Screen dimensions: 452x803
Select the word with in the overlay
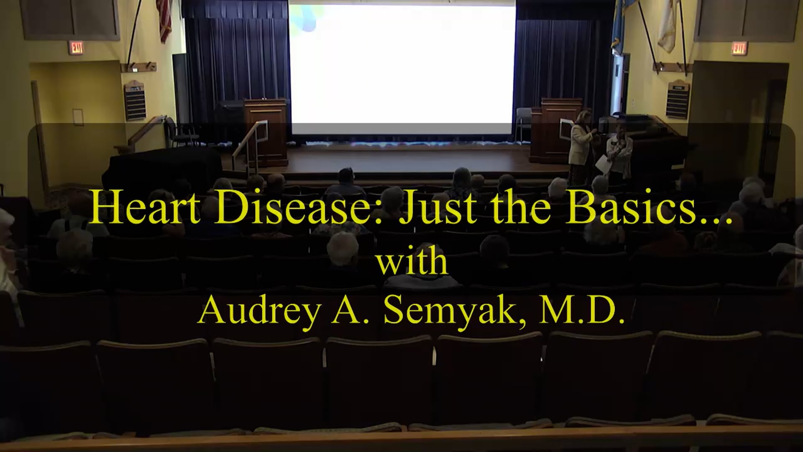click(x=412, y=262)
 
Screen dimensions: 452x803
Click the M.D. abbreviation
click(x=581, y=312)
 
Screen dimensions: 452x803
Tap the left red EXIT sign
click(x=77, y=48)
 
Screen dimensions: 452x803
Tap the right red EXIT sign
click(x=739, y=49)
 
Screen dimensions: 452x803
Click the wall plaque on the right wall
click(x=678, y=100)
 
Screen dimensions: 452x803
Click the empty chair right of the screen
click(x=523, y=123)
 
